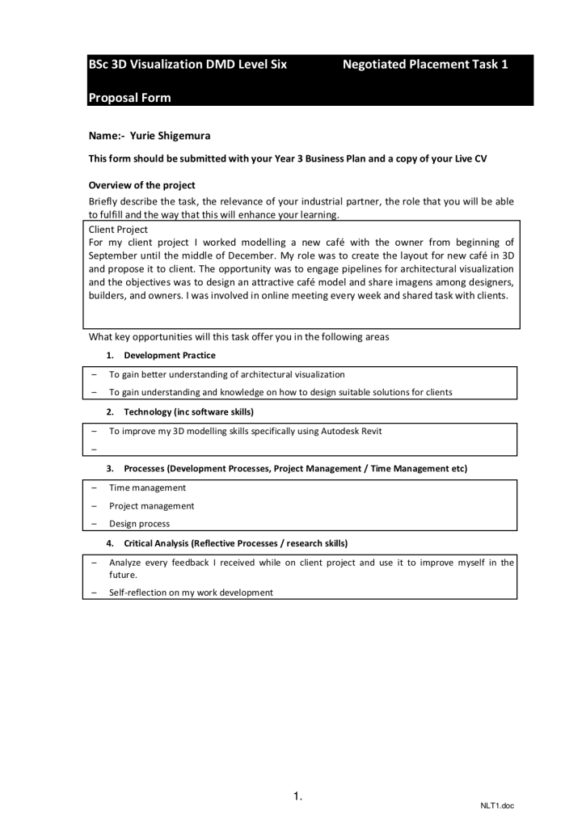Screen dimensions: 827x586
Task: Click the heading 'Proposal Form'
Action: click(x=129, y=98)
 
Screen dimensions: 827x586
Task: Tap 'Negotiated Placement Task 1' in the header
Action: click(x=425, y=65)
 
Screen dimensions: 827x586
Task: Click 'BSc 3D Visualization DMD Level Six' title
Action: click(x=188, y=65)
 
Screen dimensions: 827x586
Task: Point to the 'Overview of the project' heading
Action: click(x=141, y=185)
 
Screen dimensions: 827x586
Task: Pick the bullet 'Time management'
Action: click(x=147, y=487)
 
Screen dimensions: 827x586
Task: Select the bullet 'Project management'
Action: click(x=151, y=505)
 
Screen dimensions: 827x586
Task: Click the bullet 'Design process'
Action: click(x=140, y=523)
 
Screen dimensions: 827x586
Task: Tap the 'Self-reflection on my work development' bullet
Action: click(x=191, y=592)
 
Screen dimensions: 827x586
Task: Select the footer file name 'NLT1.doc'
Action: click(x=497, y=806)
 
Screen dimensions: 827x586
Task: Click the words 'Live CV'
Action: click(x=470, y=159)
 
